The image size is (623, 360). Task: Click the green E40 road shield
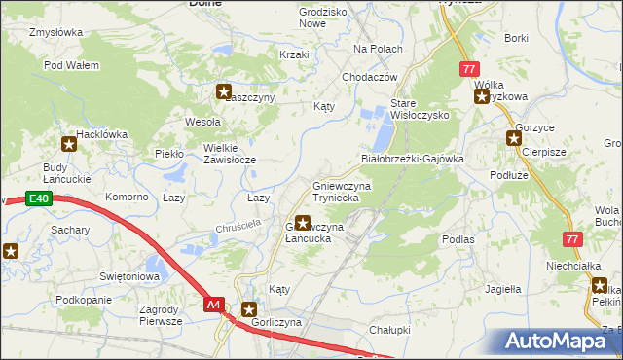pyautogui.click(x=38, y=199)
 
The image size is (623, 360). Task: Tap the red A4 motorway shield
pyautogui.click(x=214, y=305)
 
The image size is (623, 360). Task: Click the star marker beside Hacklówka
pyautogui.click(x=69, y=146)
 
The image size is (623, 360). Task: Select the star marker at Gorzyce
pyautogui.click(x=513, y=138)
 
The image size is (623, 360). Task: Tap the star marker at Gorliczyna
pyautogui.click(x=248, y=308)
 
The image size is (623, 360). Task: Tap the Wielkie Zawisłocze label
pyautogui.click(x=229, y=154)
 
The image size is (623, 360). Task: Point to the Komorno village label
pyautogui.click(x=127, y=197)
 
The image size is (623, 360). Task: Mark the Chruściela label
pyautogui.click(x=240, y=228)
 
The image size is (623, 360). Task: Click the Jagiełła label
pyautogui.click(x=503, y=289)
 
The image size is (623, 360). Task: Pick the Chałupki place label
pyautogui.click(x=389, y=330)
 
